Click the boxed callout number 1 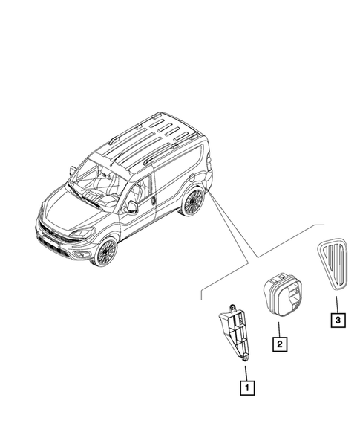(x=245, y=387)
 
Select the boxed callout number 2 (x=280, y=344)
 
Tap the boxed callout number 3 (x=337, y=321)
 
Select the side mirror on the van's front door (x=133, y=206)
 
